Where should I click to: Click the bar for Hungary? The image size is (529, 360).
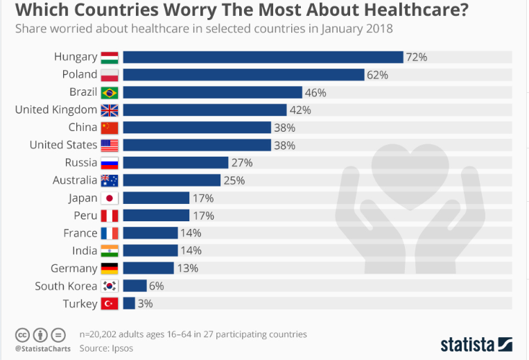263,57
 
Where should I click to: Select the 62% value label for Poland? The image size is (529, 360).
377,75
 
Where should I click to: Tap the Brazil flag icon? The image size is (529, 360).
110,92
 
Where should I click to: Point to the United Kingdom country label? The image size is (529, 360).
56,110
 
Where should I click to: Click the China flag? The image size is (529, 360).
110,128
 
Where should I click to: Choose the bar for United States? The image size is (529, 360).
197,145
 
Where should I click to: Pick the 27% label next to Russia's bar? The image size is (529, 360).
242,162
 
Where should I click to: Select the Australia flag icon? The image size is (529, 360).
110,180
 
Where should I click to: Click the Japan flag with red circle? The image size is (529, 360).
110,198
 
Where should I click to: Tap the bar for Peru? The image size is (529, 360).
156,216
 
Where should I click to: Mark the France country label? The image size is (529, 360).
80,233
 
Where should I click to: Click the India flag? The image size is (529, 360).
110,250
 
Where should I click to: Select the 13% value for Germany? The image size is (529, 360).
187,268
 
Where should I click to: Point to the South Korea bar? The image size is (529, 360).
135,286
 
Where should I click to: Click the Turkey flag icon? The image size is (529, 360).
110,303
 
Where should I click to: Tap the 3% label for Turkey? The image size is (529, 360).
145,303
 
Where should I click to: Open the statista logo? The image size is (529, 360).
476,344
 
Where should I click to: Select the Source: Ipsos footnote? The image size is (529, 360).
105,348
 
